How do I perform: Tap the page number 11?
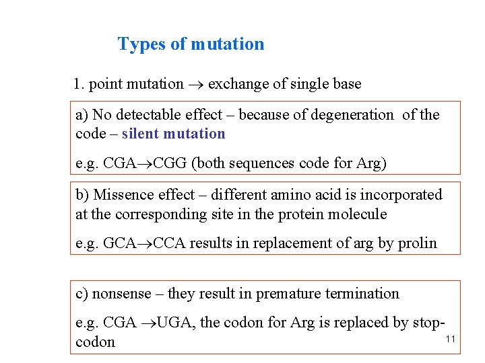[x=451, y=339]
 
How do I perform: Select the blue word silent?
[x=143, y=133]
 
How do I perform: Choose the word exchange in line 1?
[x=236, y=84]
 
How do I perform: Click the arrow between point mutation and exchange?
[x=195, y=85]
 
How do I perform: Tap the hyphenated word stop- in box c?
[x=428, y=323]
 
